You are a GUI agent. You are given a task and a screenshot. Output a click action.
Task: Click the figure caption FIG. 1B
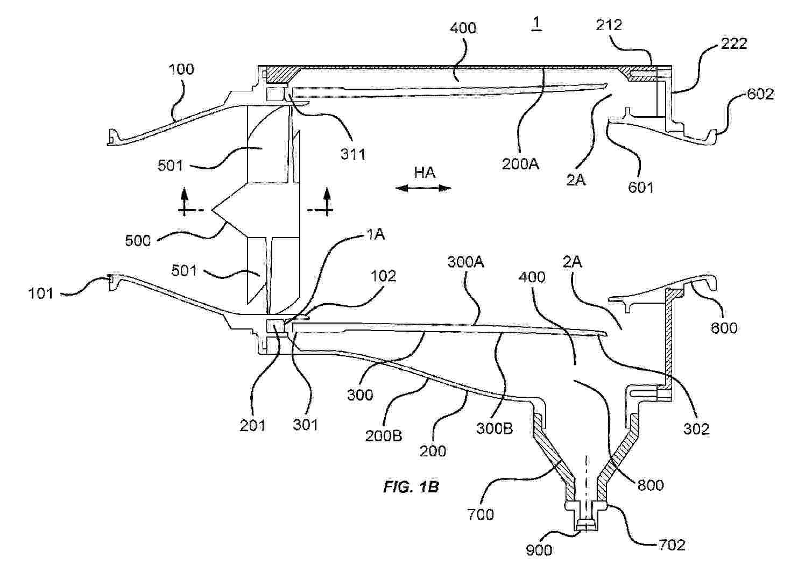[411, 487]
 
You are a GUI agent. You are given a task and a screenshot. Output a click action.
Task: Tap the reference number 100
[181, 69]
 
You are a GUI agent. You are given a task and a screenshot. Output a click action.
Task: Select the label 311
[353, 154]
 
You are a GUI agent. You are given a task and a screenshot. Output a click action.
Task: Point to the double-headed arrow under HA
[423, 188]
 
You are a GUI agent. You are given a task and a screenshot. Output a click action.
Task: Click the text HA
[425, 173]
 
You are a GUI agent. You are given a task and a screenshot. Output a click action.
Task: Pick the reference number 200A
[520, 164]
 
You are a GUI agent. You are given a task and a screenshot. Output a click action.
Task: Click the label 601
[641, 187]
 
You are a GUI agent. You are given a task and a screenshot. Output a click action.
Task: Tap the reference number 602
[760, 94]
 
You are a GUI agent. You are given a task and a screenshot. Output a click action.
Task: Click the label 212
[609, 25]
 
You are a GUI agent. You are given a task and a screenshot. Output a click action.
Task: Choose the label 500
[138, 241]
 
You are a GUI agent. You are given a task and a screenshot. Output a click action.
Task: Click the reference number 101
[40, 293]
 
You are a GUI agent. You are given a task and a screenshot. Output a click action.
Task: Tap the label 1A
[376, 235]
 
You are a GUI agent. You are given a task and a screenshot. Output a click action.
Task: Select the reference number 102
[383, 276]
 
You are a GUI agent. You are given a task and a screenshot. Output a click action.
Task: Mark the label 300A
[466, 262]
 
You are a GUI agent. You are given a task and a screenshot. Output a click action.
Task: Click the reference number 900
[539, 550]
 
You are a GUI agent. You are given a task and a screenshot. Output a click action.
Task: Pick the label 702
[672, 546]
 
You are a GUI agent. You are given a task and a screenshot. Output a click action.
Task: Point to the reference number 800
[651, 485]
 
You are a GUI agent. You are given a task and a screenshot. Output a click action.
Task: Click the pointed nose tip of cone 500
[213, 210]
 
